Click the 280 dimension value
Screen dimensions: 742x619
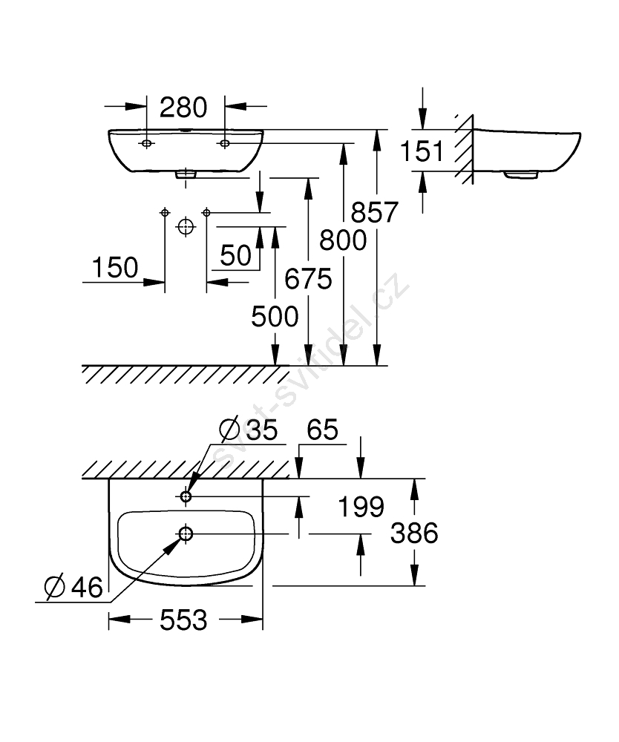tap(183, 108)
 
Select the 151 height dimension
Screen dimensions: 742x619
tap(422, 151)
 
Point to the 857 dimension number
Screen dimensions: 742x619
tap(376, 213)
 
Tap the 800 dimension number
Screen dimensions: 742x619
tap(343, 240)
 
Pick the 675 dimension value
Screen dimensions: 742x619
tap(307, 280)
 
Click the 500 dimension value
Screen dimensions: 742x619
tap(275, 317)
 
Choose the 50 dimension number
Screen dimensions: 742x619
tap(236, 256)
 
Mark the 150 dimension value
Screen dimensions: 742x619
tap(115, 267)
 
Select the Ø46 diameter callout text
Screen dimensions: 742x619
tap(73, 588)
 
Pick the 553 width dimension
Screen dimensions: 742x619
tap(183, 620)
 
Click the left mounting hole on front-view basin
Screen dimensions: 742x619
tap(147, 142)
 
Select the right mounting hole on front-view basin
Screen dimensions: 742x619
tap(224, 142)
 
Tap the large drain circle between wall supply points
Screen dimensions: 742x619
tap(186, 226)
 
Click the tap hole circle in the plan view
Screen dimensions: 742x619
tap(186, 496)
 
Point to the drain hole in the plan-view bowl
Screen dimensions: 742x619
tap(186, 533)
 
